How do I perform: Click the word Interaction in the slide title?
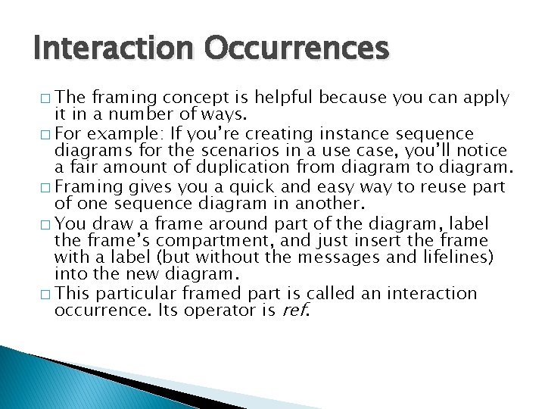pos(114,49)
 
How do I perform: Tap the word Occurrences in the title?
pos(295,49)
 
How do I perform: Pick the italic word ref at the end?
pos(296,310)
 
